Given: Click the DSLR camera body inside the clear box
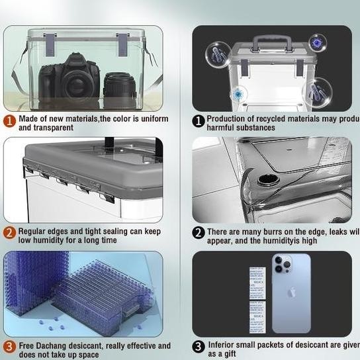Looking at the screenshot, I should (x=69, y=77).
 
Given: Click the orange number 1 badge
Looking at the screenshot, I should (x=9, y=121).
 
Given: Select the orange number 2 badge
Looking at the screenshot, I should (x=9, y=232).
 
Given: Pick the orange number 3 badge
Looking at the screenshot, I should (x=9, y=346).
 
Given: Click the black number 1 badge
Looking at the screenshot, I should (x=198, y=120).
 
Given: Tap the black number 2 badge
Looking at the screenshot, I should (x=198, y=232).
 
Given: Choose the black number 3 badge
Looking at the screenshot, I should (x=198, y=346).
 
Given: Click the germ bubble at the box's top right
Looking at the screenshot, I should (x=318, y=42).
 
